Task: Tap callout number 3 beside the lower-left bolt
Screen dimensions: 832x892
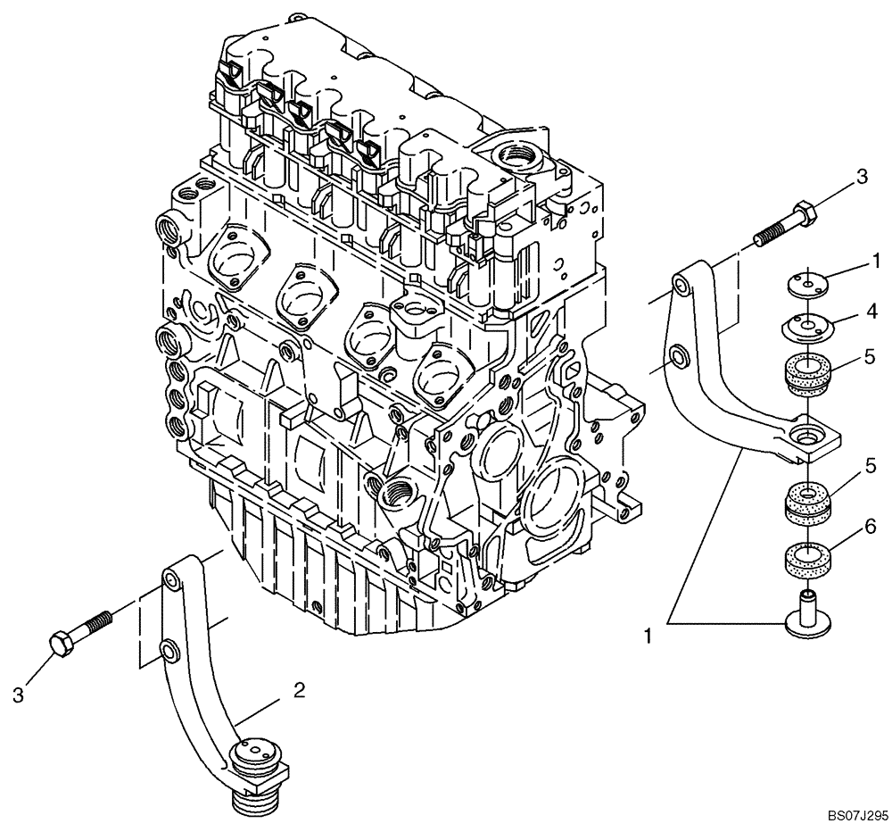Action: click(x=19, y=694)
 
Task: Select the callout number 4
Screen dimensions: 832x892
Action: click(x=871, y=312)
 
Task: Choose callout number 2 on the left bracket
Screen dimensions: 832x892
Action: click(x=300, y=689)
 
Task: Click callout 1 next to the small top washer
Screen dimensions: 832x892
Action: click(x=876, y=261)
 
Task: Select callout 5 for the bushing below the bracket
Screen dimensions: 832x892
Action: click(x=871, y=466)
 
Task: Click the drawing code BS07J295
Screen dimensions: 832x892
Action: click(x=856, y=816)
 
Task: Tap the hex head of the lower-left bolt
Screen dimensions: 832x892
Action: click(x=60, y=645)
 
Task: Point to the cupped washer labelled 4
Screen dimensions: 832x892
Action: click(x=809, y=327)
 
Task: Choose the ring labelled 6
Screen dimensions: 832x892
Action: click(x=809, y=561)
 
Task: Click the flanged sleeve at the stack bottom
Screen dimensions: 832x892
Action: click(x=808, y=616)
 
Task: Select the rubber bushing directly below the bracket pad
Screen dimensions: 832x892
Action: click(x=808, y=502)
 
